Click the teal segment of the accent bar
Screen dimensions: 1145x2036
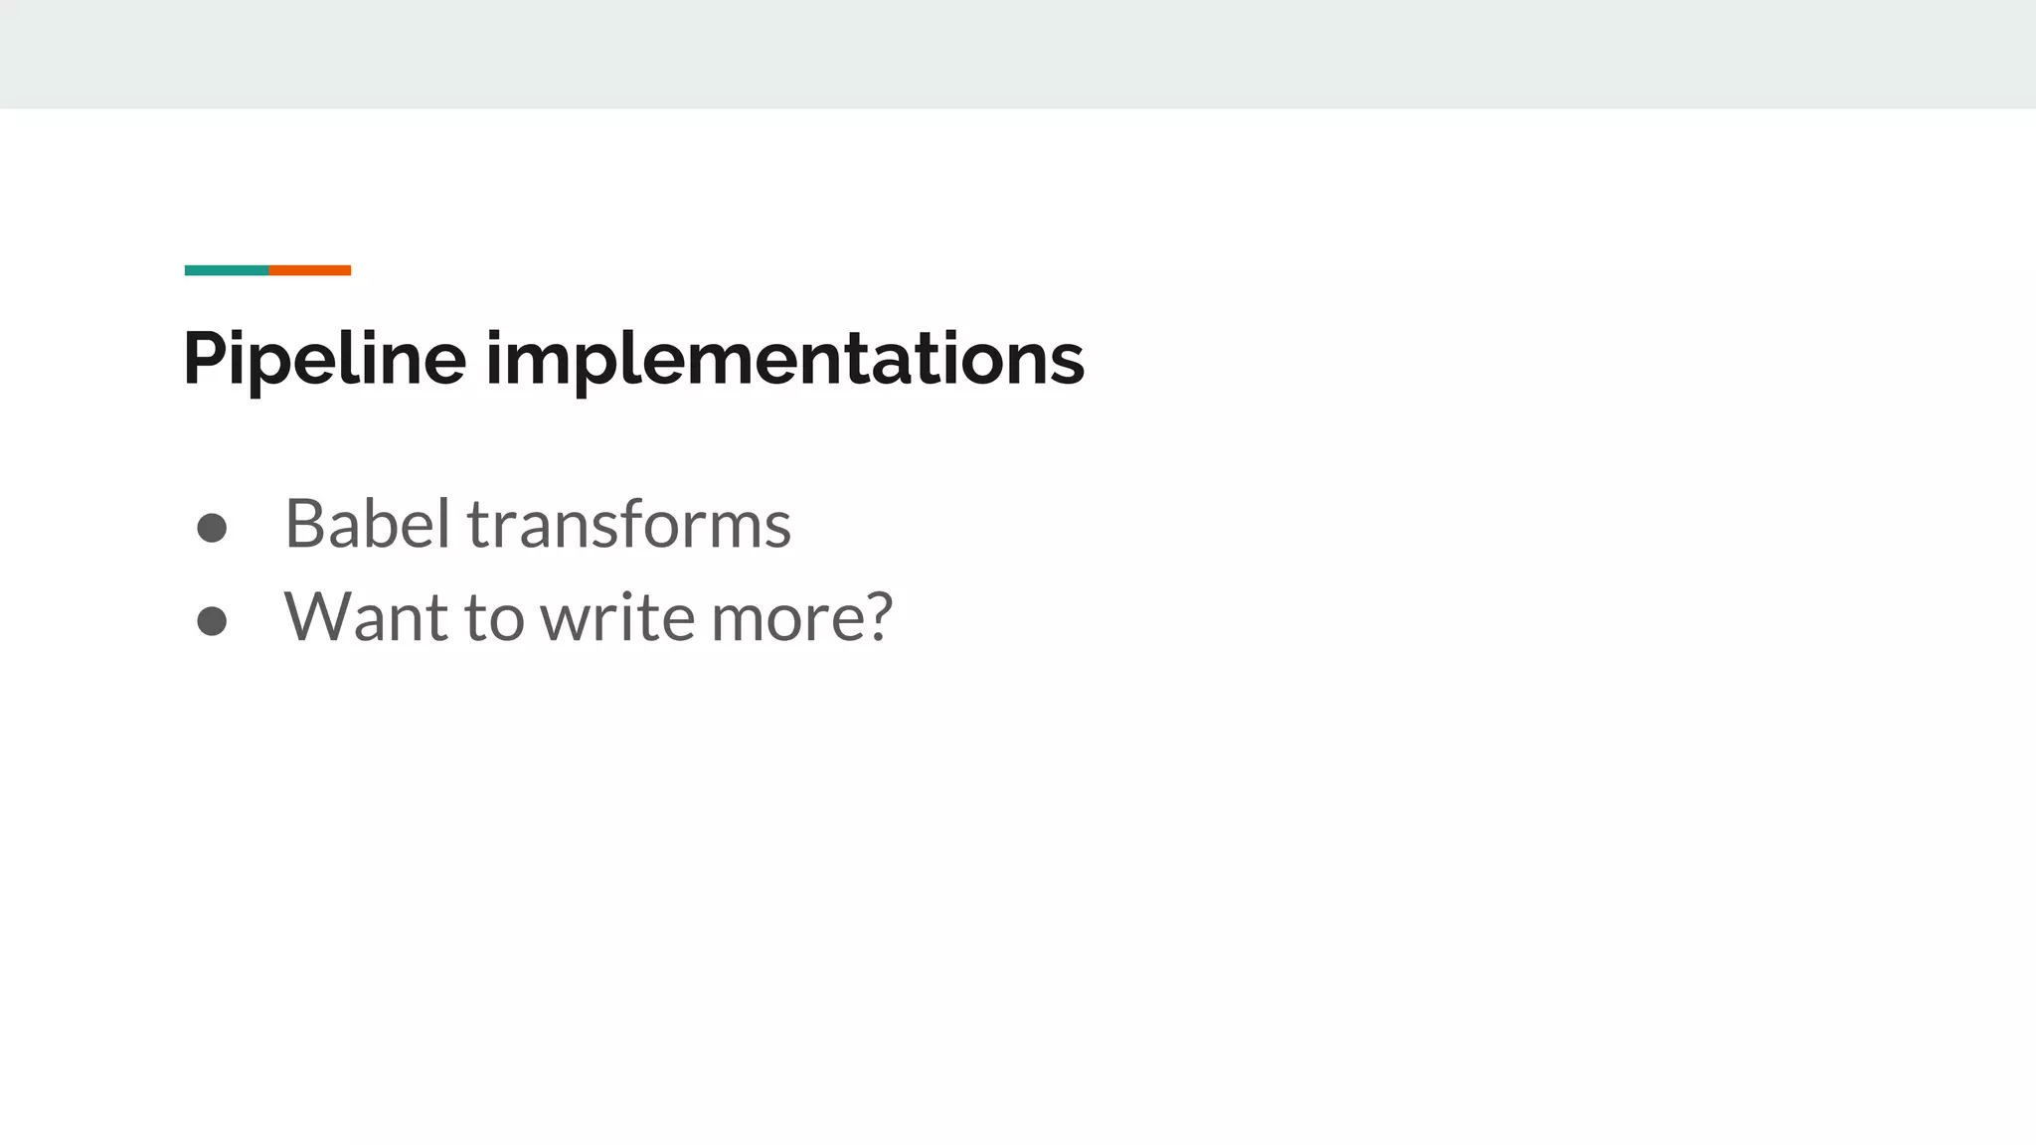tap(226, 270)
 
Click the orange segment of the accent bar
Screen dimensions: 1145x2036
tap(309, 270)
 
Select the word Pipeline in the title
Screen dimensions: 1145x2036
tap(324, 359)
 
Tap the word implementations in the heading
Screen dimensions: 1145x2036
tap(784, 359)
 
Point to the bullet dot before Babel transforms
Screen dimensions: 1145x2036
tap(212, 528)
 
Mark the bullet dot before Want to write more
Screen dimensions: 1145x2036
tap(212, 621)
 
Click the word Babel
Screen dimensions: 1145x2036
tap(368, 524)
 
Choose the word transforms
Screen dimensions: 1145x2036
tap(629, 524)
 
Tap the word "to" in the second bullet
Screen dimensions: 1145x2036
tap(494, 617)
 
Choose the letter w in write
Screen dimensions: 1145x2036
tap(564, 619)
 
